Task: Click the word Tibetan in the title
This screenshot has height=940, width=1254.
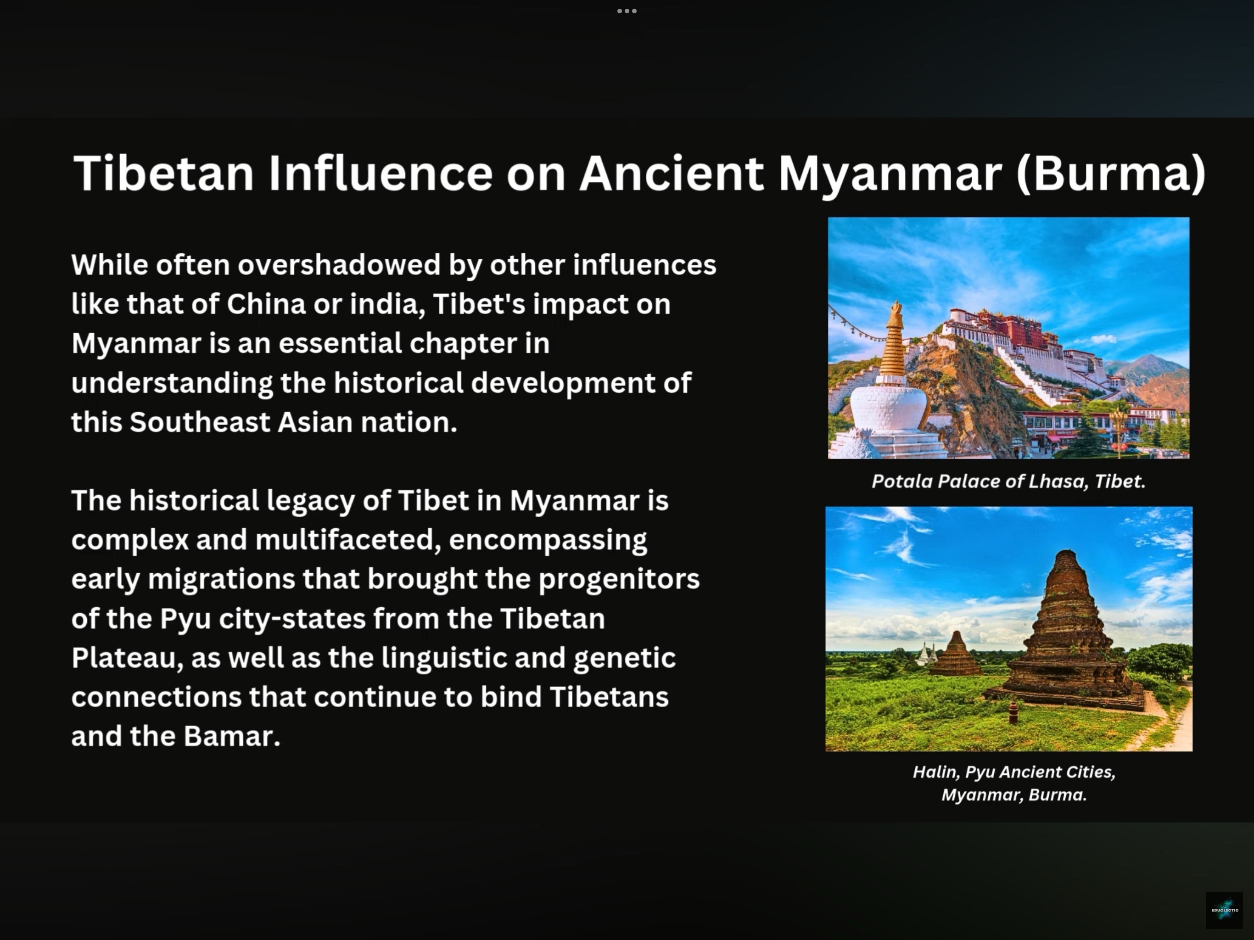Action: [163, 173]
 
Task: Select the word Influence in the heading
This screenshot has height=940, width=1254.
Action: [381, 173]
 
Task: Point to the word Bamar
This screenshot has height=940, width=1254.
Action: [232, 737]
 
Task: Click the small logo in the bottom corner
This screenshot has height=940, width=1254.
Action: [1225, 911]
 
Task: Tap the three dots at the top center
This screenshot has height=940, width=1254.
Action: [627, 11]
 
